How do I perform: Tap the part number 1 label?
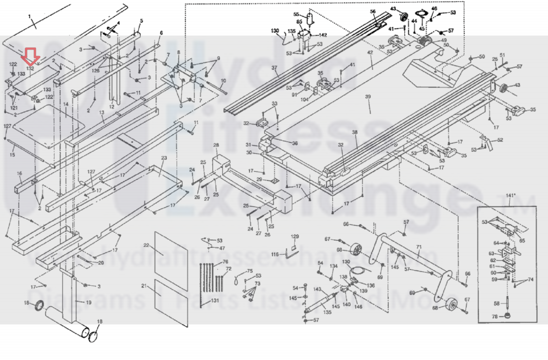(x=29, y=16)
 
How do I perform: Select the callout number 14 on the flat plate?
(x=66, y=104)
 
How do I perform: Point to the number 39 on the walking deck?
(x=368, y=97)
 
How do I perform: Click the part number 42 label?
(x=370, y=53)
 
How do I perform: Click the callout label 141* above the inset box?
(x=511, y=196)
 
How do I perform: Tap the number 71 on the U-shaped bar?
(x=419, y=247)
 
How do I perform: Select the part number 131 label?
(x=215, y=300)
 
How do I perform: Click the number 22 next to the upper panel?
(x=146, y=245)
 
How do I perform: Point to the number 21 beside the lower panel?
(x=144, y=286)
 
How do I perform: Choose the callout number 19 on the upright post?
(x=88, y=302)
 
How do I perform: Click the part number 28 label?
(x=216, y=145)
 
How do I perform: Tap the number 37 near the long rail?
(x=274, y=68)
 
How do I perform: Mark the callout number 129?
(x=295, y=236)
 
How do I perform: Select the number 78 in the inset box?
(x=495, y=316)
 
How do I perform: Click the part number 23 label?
(x=164, y=158)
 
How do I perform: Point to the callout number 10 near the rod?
(x=223, y=81)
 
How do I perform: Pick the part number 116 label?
(x=275, y=255)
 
